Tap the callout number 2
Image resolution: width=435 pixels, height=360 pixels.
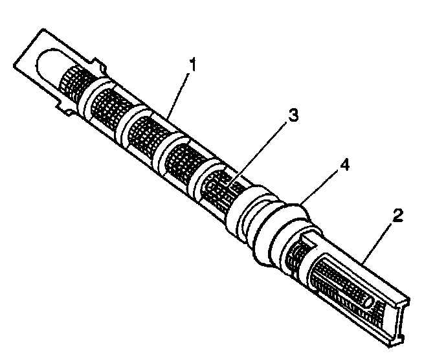[x=398, y=216]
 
